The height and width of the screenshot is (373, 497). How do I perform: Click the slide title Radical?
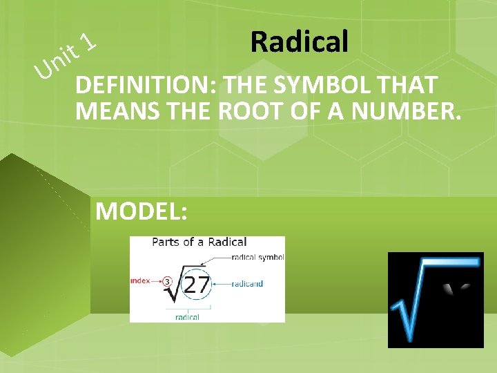pos(299,42)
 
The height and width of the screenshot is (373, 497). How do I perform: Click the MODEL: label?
pos(141,211)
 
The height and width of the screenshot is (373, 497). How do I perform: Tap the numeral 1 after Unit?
pos(88,44)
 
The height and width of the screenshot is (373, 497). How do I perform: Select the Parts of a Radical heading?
pos(199,242)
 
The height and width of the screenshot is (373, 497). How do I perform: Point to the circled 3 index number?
pos(167,282)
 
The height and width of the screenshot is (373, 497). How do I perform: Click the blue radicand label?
pos(247,283)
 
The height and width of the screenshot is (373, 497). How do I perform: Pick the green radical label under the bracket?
pos(187,317)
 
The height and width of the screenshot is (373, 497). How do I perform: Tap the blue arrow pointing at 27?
pos(223,283)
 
